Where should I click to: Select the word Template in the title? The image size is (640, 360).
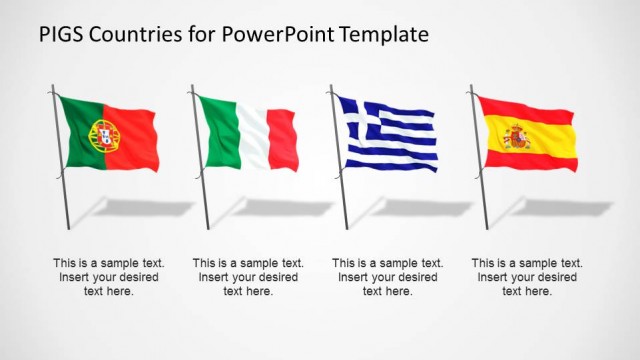click(x=384, y=34)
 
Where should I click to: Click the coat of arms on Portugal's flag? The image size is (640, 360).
click(x=104, y=134)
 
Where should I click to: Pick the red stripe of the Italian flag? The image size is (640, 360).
click(x=283, y=140)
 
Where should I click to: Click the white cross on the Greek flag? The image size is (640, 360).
click(x=360, y=115)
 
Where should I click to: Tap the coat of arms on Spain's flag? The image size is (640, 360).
click(x=516, y=137)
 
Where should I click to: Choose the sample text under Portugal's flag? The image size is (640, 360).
click(x=108, y=277)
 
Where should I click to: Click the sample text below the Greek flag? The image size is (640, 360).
click(x=387, y=277)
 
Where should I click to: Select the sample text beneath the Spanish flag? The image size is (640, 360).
click(x=527, y=277)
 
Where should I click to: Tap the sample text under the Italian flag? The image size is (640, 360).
click(x=248, y=277)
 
